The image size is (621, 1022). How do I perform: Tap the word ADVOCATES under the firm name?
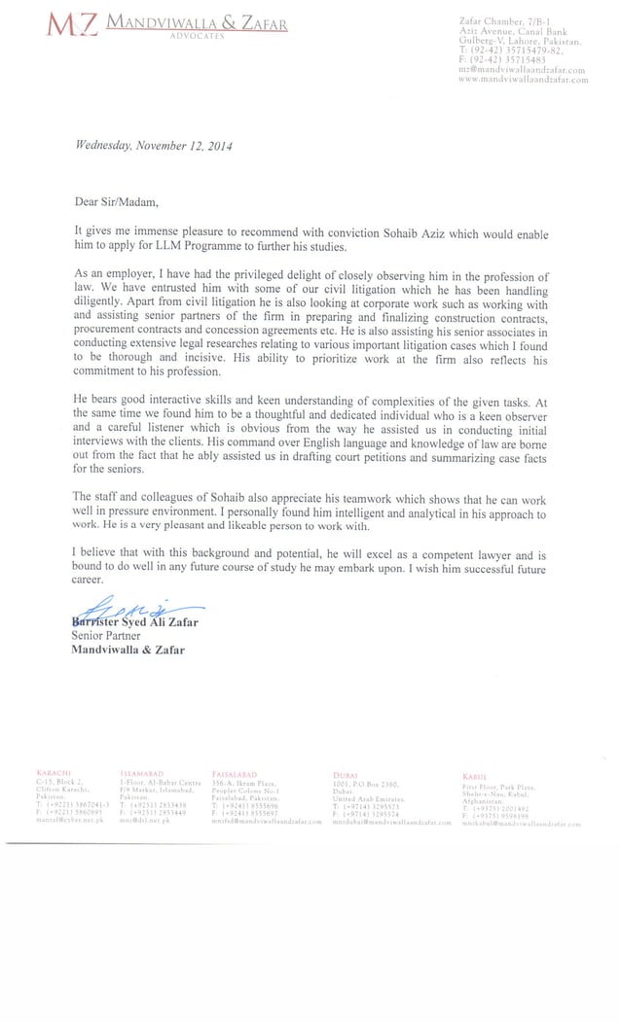(197, 35)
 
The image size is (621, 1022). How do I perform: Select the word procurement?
(109, 331)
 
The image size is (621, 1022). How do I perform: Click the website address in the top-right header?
(523, 80)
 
